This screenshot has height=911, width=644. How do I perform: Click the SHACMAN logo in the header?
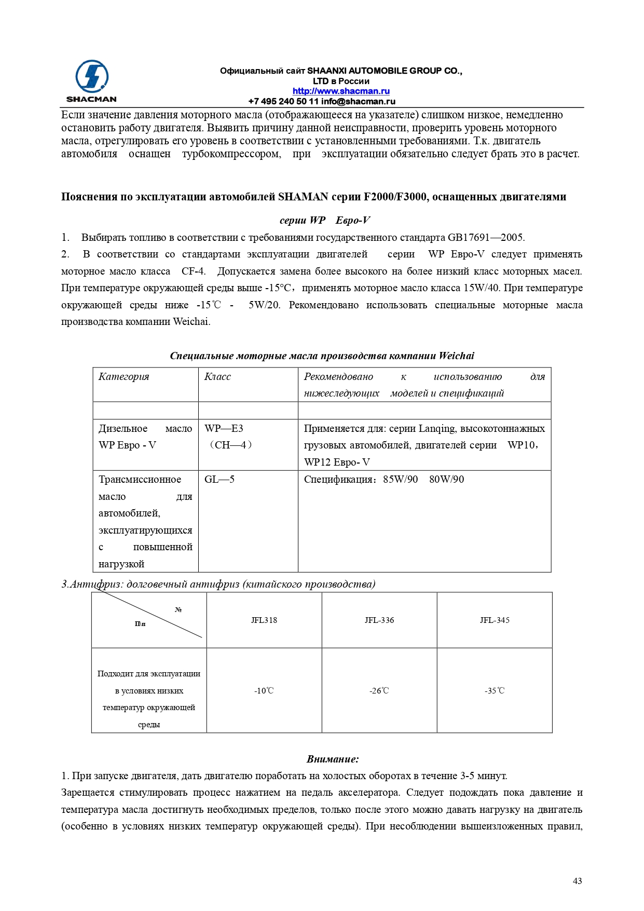91,81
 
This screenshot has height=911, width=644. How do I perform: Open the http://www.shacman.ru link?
341,91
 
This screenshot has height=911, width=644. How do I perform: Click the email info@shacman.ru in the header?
358,102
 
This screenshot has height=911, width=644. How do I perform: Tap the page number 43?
577,880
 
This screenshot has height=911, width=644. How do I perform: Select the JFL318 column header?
264,620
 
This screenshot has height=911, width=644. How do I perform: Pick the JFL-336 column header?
379,620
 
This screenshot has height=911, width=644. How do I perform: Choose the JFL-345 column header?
495,620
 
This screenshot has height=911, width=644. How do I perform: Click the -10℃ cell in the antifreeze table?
264,691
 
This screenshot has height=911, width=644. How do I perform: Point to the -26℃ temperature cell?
379,691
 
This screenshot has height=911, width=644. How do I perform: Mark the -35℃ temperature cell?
495,691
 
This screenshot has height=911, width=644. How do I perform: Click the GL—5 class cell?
220,480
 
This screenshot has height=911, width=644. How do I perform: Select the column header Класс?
217,377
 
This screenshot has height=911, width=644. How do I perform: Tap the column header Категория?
124,377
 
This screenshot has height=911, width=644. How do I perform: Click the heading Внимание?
333,759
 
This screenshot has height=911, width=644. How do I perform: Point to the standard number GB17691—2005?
486,238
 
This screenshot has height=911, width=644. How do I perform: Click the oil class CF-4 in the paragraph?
193,271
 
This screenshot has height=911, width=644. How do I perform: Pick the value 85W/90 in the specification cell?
400,480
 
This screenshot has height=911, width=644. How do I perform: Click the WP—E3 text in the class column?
224,429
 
